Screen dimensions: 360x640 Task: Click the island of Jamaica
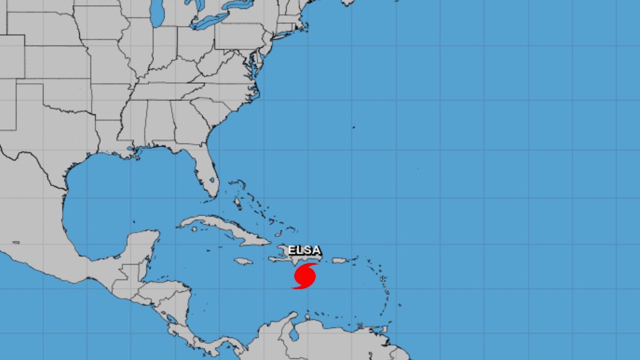(x=243, y=261)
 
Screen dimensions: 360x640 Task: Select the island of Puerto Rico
(x=340, y=260)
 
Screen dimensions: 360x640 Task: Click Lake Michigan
(x=156, y=17)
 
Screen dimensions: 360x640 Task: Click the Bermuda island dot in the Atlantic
(x=354, y=127)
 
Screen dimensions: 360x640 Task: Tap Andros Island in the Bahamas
(x=237, y=203)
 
